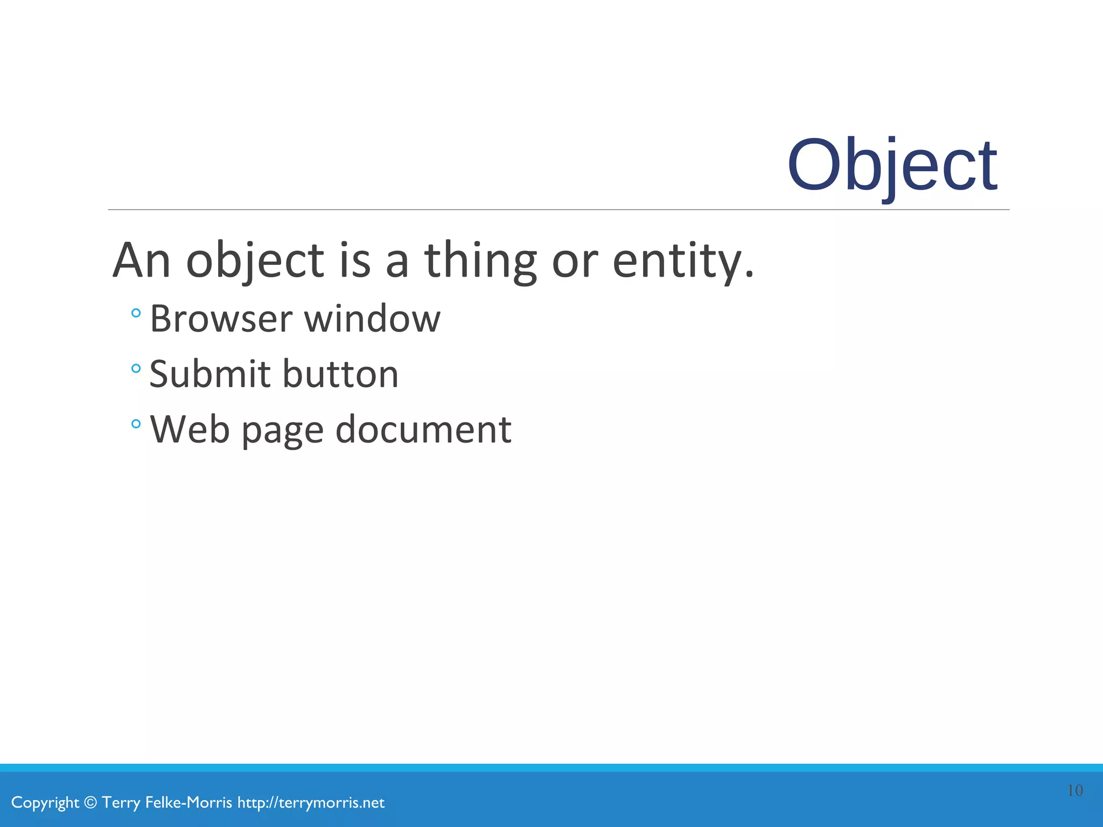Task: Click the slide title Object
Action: tap(892, 165)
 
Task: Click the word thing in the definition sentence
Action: tap(480, 261)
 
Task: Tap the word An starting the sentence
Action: tap(142, 261)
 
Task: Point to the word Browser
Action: tap(221, 319)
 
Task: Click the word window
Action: tap(372, 319)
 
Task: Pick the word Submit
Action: tap(210, 374)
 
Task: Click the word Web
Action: tap(190, 429)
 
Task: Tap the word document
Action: tap(423, 429)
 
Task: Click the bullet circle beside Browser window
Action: tap(136, 313)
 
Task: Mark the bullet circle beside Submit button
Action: tap(136, 368)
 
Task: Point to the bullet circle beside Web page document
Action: tap(136, 424)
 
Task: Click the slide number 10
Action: tap(1075, 790)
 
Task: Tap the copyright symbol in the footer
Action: tap(91, 803)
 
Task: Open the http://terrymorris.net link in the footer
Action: tap(311, 803)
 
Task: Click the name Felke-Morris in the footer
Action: tap(189, 803)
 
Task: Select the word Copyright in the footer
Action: tap(45, 803)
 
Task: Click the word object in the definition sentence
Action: tap(255, 261)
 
